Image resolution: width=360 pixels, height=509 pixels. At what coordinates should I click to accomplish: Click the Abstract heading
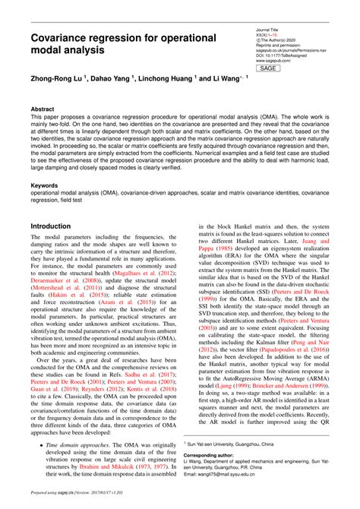click(43, 109)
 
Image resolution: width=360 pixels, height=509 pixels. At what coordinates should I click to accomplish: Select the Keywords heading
click(45, 184)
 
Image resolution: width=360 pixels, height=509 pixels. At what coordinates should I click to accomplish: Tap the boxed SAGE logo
click(267, 68)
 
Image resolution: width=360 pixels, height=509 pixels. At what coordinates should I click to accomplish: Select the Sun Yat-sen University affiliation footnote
click(228, 441)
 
